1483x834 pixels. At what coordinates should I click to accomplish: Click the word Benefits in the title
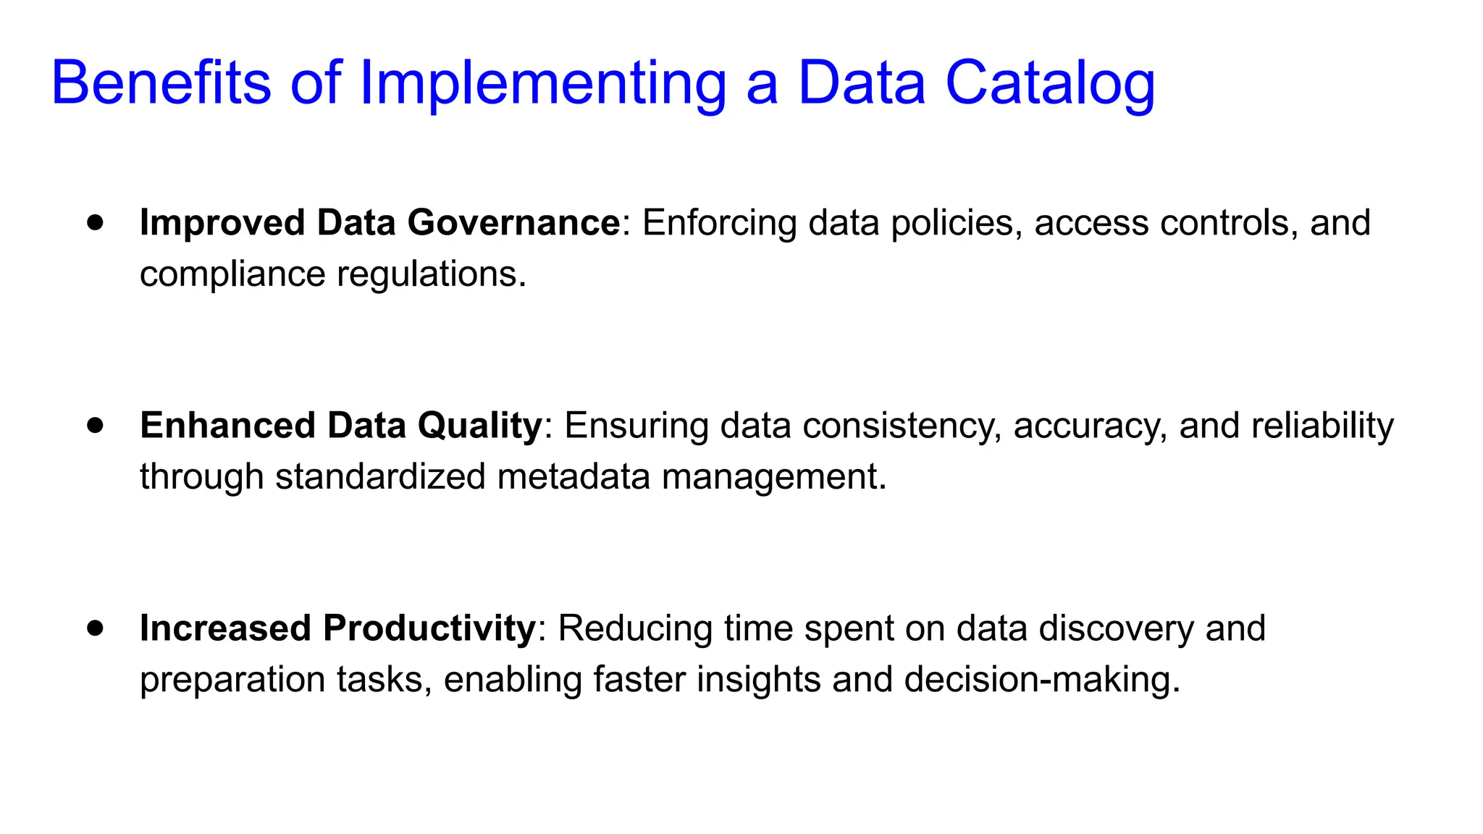click(x=161, y=83)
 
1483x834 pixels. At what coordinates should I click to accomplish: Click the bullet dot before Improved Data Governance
click(x=95, y=222)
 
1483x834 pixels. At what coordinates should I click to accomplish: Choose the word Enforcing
click(x=719, y=223)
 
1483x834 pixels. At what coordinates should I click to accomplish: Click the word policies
click(x=956, y=223)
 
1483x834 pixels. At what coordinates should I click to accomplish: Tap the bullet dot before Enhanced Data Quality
click(x=95, y=425)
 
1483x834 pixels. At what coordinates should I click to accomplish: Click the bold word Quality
click(x=479, y=426)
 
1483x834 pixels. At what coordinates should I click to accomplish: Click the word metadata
click(x=574, y=477)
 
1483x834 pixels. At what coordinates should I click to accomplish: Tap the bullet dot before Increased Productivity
click(x=95, y=628)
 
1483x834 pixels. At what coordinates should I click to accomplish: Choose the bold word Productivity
click(x=429, y=628)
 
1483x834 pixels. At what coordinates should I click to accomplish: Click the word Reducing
click(x=635, y=628)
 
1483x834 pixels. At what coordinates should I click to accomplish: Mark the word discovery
click(x=1116, y=628)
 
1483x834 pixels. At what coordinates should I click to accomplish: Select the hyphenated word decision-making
click(x=1042, y=680)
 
